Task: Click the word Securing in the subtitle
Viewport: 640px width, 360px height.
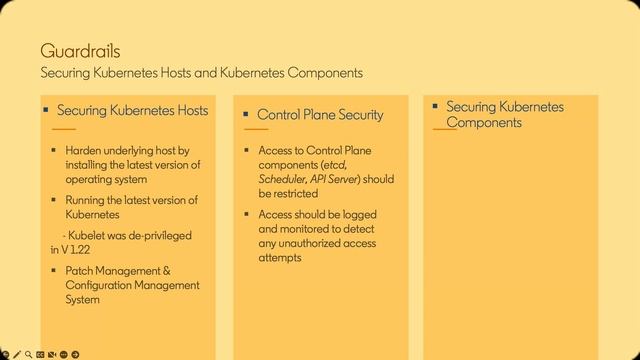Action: [66, 73]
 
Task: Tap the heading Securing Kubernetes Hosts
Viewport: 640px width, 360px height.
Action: [133, 110]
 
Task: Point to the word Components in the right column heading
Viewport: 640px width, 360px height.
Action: [484, 123]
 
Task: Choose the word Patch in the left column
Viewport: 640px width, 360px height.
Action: [81, 271]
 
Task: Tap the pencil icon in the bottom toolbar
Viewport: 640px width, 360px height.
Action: [17, 354]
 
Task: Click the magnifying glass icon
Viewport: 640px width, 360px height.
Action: [28, 354]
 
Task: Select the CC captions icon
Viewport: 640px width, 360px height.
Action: [41, 354]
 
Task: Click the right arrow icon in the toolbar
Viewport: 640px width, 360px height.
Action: [76, 354]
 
